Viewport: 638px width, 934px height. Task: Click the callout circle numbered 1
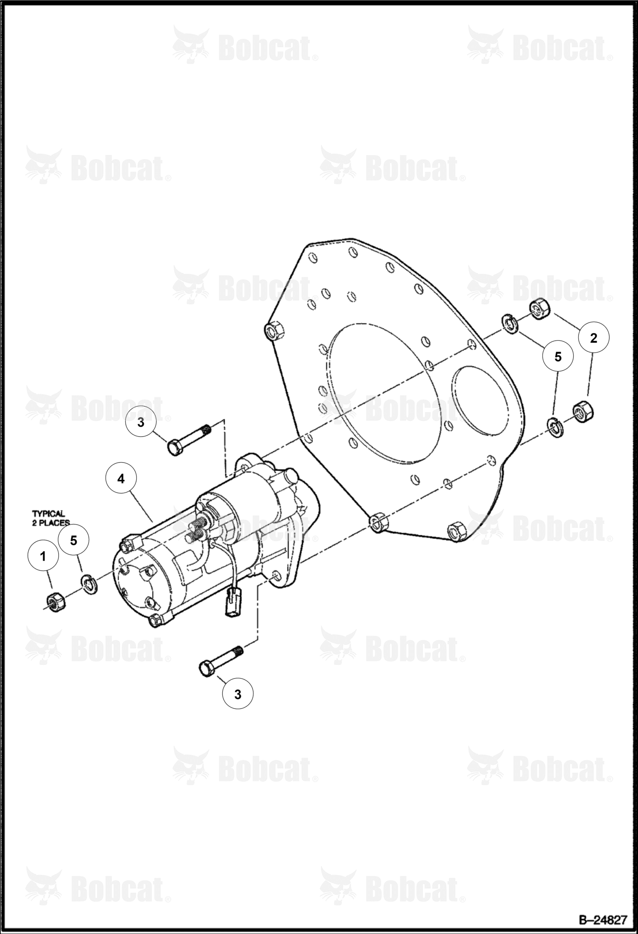43,556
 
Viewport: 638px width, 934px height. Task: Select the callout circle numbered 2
593,338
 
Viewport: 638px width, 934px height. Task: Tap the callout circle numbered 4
121,478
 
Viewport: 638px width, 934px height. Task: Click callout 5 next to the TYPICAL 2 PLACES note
74,541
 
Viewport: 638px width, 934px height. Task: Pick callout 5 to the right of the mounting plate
558,357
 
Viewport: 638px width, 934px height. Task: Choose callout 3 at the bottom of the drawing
238,694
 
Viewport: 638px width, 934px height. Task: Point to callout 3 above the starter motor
141,423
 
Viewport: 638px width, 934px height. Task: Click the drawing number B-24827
603,920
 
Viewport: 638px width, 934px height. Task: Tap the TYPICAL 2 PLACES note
51,518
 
